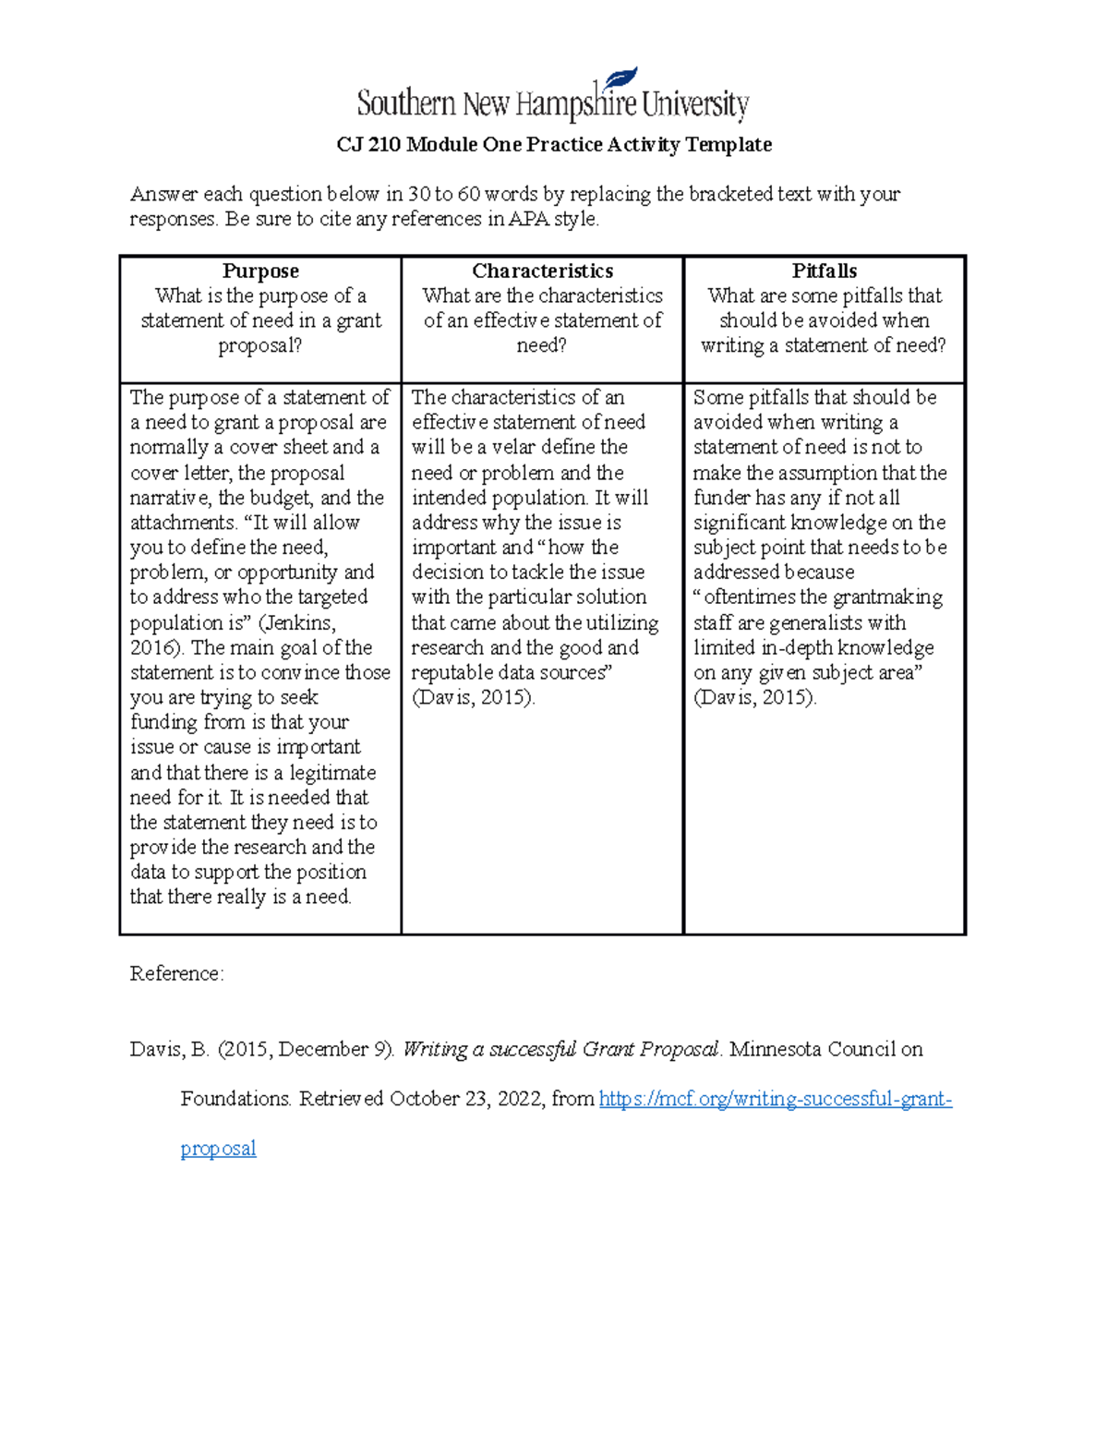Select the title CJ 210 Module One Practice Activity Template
coord(554,145)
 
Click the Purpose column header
coord(260,271)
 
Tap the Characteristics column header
coord(542,271)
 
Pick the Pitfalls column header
coord(824,271)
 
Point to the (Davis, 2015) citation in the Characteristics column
coord(473,698)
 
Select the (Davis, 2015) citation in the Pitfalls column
coord(754,698)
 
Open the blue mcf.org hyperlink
coord(775,1099)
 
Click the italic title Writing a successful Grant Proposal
coord(561,1050)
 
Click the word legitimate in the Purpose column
coord(332,773)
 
